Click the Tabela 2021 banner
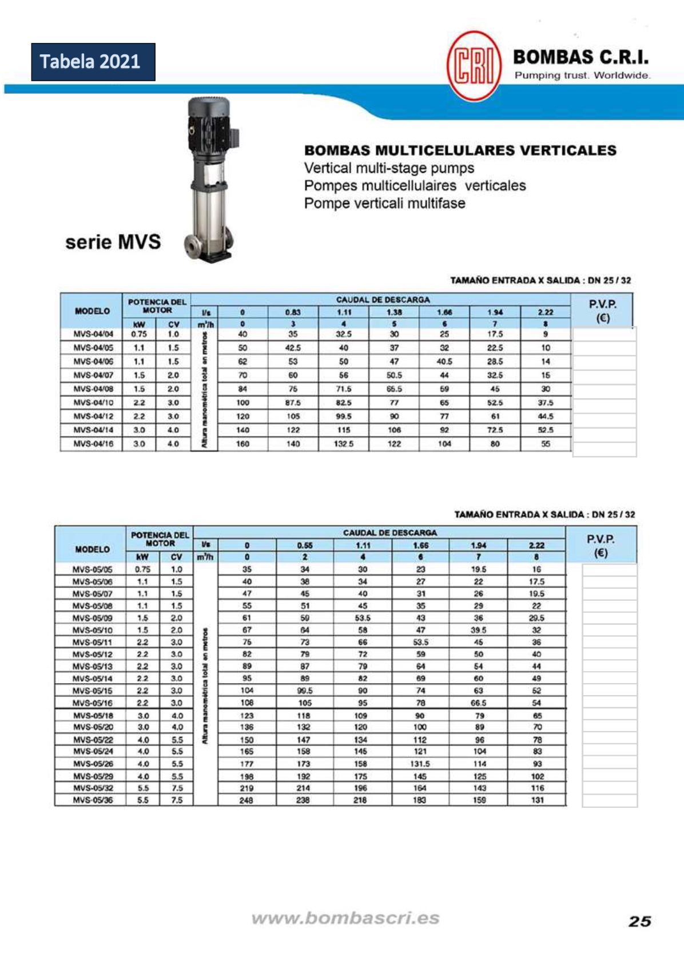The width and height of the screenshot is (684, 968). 93,62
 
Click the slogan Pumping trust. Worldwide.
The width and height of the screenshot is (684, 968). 582,76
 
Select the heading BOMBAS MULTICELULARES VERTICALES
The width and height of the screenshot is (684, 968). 460,150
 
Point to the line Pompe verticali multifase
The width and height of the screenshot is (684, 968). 384,203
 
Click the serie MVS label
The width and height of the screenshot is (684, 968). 113,241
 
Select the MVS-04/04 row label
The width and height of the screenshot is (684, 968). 93,334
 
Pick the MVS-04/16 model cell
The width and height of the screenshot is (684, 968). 93,444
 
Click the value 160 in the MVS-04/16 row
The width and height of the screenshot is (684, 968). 242,444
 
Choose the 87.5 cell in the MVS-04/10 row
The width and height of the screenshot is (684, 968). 293,403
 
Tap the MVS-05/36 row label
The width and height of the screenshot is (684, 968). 93,800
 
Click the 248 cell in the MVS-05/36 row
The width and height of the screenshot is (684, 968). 246,800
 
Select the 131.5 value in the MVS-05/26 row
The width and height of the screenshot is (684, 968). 420,764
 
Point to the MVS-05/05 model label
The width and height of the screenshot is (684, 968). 93,569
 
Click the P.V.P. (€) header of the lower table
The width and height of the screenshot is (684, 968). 601,546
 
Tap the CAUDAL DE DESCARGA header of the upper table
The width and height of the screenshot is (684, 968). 383,300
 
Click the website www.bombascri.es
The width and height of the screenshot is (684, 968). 345,918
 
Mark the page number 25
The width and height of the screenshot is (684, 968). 639,921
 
